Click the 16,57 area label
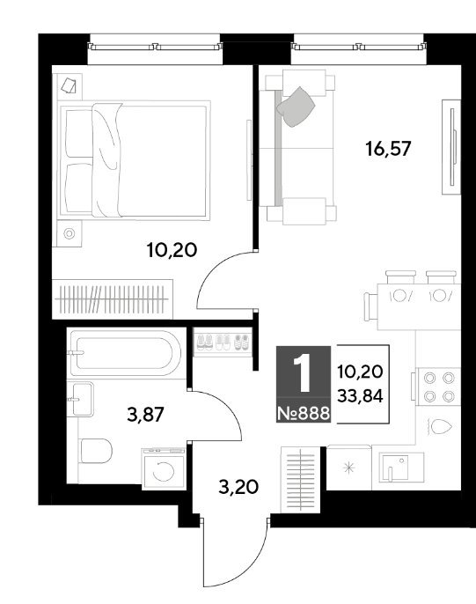pyautogui.click(x=388, y=148)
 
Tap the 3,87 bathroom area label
pyautogui.click(x=146, y=415)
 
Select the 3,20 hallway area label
pyautogui.click(x=238, y=487)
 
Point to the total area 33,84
pyautogui.click(x=360, y=395)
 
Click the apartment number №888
pyautogui.click(x=304, y=413)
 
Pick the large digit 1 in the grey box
pyautogui.click(x=304, y=373)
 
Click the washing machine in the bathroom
pyautogui.click(x=165, y=468)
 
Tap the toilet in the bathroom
pyautogui.click(x=96, y=451)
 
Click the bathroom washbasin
pyautogui.click(x=81, y=399)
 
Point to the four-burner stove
pyautogui.click(x=438, y=387)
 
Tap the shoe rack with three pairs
pyautogui.click(x=223, y=342)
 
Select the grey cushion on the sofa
pyautogui.click(x=296, y=107)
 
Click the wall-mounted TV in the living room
pyautogui.click(x=451, y=147)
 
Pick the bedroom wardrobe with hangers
pyautogui.click(x=113, y=299)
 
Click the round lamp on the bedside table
pyautogui.click(x=70, y=233)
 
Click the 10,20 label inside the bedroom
pyautogui.click(x=172, y=250)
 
